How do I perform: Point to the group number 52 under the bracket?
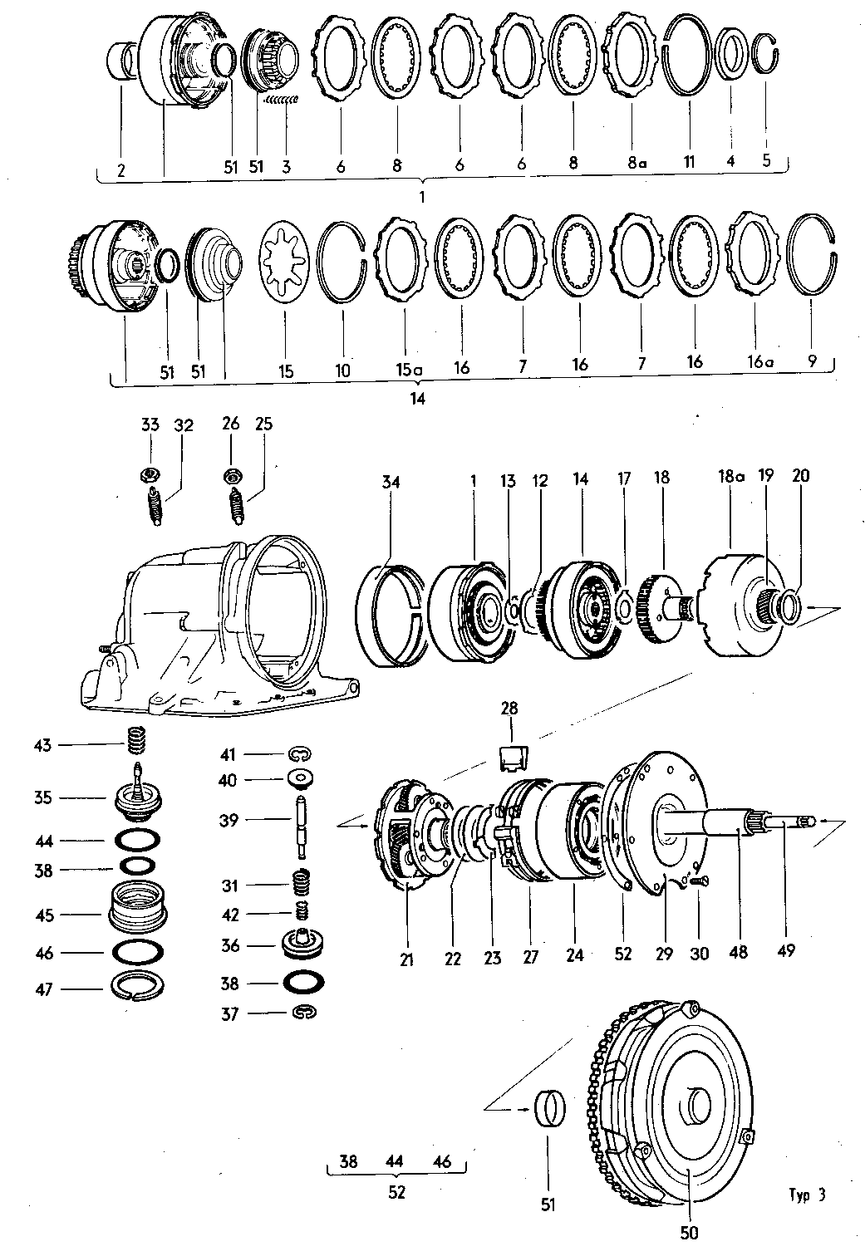coord(396,1192)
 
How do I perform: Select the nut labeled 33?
coord(150,475)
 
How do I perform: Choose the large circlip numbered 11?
coord(689,56)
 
